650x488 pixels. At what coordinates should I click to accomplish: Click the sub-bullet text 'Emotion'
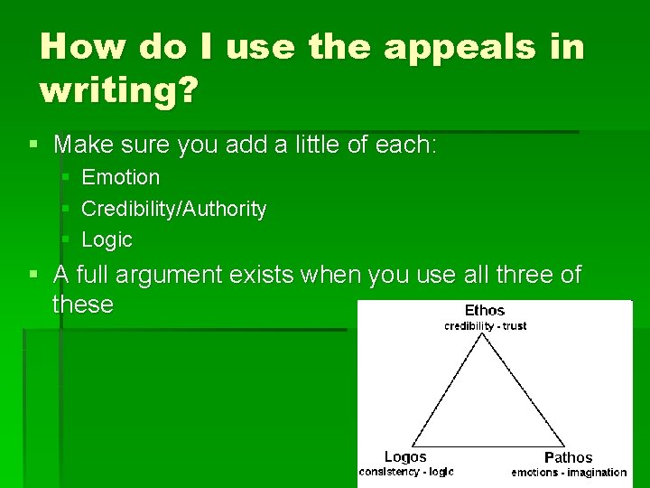point(120,177)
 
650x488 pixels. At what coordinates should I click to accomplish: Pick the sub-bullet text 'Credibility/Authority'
point(173,209)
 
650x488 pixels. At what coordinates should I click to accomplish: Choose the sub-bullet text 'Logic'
point(107,240)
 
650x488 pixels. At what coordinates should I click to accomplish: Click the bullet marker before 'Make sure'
point(33,145)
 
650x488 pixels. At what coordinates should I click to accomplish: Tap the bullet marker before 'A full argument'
point(33,274)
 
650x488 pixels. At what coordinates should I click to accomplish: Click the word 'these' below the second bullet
point(83,305)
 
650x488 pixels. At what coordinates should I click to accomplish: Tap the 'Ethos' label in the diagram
point(485,311)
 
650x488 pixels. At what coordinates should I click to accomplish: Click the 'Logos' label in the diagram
point(405,457)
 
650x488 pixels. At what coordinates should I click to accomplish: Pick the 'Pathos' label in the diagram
point(568,457)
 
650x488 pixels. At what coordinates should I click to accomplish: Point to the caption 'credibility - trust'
point(485,326)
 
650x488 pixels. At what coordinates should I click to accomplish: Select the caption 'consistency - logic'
point(406,472)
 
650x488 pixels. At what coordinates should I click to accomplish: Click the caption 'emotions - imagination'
point(569,473)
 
